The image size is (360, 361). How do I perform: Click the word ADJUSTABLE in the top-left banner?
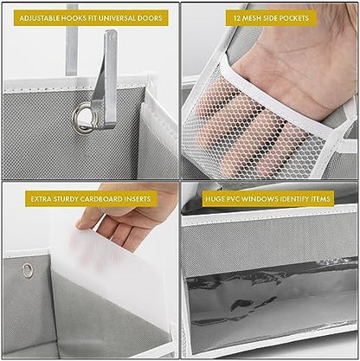[41, 17]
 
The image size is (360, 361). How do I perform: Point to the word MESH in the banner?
[252, 17]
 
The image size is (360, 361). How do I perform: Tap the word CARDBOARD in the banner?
[98, 198]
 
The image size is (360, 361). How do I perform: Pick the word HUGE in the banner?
[214, 198]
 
